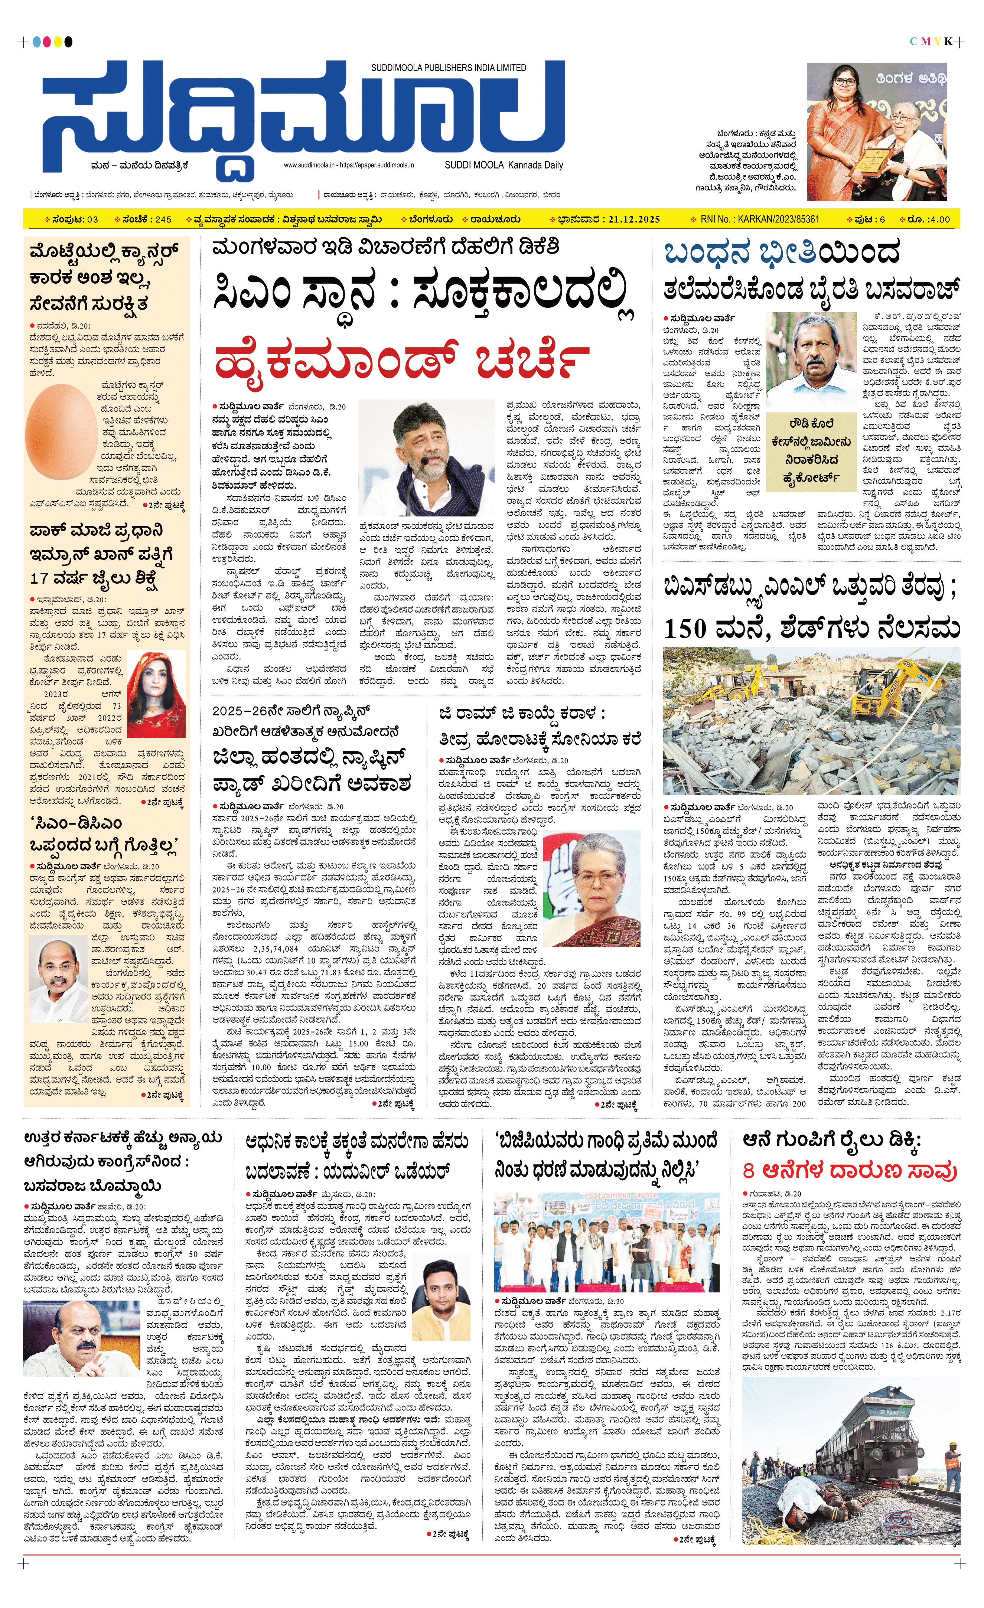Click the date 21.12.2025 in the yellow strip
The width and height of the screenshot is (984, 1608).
pos(633,219)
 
